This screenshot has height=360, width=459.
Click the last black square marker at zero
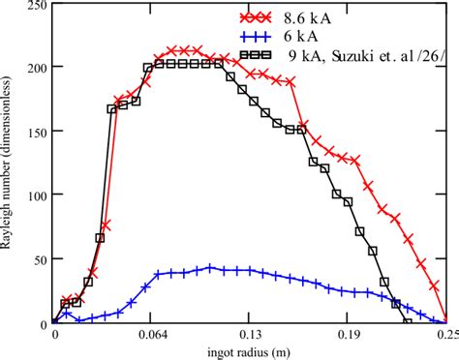408,322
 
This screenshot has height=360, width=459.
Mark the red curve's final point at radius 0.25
445,322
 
